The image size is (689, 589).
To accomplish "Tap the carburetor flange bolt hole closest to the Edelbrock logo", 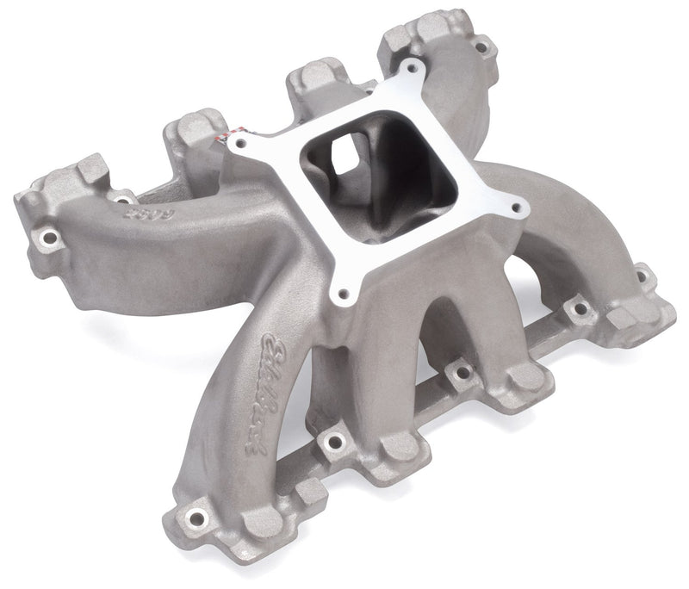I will pyautogui.click(x=344, y=294).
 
